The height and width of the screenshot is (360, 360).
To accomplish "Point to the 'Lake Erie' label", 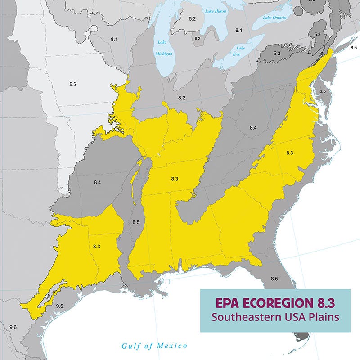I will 241,51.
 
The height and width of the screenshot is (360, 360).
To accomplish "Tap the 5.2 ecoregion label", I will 193,19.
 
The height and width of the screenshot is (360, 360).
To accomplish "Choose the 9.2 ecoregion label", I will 73,84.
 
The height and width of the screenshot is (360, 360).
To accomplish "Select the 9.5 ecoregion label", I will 60,306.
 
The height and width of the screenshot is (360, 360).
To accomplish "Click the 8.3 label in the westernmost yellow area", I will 97,247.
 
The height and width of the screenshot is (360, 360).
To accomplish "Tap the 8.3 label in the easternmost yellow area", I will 290,153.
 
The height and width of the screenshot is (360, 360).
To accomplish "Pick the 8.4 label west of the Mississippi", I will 97,182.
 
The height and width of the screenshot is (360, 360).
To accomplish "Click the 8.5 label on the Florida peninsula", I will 274,279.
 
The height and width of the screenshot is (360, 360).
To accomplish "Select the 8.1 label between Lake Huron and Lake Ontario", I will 238,30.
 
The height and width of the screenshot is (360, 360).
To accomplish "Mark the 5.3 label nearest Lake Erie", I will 277,54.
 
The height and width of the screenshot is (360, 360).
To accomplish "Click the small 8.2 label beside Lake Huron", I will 198,39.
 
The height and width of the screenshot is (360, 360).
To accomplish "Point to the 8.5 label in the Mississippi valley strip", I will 135,222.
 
